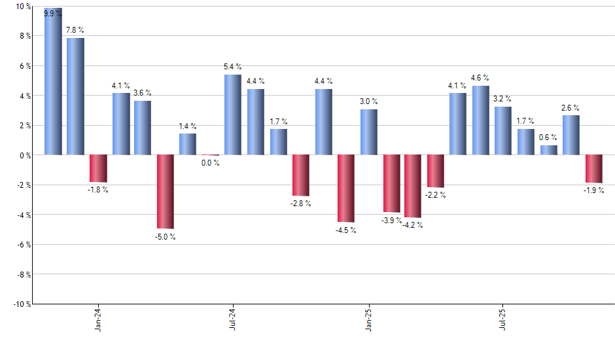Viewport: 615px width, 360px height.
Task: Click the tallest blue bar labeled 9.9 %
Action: pyautogui.click(x=53, y=82)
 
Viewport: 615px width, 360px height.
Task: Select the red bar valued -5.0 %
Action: pyautogui.click(x=165, y=191)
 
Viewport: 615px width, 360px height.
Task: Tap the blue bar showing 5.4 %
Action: pyautogui.click(x=232, y=115)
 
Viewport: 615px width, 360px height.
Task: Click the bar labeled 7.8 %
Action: pyautogui.click(x=75, y=96)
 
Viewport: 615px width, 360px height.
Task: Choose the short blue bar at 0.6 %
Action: pyautogui.click(x=548, y=150)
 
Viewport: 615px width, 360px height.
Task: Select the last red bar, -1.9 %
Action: pyautogui.click(x=593, y=169)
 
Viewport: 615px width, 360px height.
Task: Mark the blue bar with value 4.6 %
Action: pyautogui.click(x=480, y=120)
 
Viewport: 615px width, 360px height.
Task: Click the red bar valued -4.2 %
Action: pyautogui.click(x=412, y=186)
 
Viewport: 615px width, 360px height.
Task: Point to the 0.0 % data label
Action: pyautogui.click(x=210, y=163)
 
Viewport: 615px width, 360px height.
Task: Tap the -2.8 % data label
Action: pyautogui.click(x=301, y=204)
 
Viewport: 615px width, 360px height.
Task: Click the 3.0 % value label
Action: pyautogui.click(x=368, y=101)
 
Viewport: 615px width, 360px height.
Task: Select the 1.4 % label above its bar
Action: pyautogui.click(x=188, y=126)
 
